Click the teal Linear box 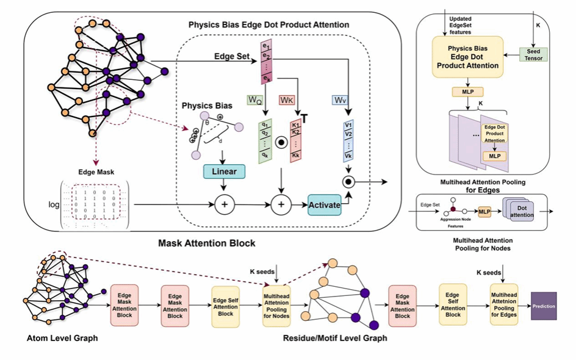point(223,171)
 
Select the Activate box point(324,205)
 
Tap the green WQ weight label point(254,99)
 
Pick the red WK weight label point(287,99)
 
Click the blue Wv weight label point(340,99)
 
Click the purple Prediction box point(544,306)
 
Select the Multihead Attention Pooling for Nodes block point(277,306)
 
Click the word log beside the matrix point(54,204)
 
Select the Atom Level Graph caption point(54,337)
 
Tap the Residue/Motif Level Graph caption point(334,337)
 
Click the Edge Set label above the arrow point(231,56)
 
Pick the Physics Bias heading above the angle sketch point(207,106)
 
